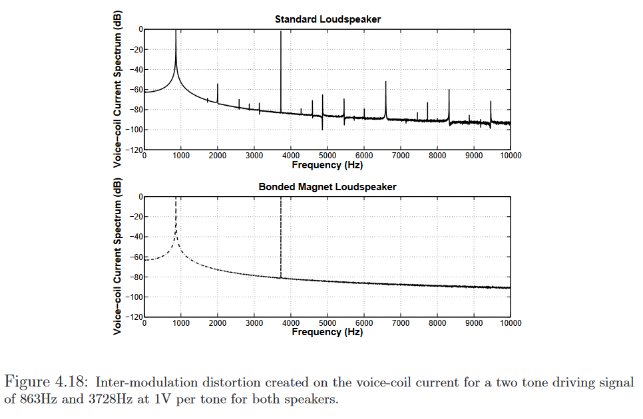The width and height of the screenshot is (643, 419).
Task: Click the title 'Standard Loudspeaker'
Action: point(327,19)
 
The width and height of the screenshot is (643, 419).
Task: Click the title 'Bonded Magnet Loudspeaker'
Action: point(327,187)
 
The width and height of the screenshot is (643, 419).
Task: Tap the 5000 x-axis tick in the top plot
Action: point(327,155)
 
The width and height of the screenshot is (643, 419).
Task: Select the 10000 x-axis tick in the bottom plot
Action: point(511,323)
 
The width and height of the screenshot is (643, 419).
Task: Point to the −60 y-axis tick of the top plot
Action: point(134,89)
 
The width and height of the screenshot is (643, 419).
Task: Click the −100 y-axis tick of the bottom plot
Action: point(132,297)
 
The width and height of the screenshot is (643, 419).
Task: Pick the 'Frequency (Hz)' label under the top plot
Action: point(327,164)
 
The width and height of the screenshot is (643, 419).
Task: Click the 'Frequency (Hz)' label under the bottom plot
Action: point(327,332)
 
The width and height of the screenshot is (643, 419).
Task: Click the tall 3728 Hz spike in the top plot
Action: point(281,67)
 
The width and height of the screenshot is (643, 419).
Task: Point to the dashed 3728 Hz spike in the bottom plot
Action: point(281,239)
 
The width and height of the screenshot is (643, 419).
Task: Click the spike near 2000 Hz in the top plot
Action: point(218,93)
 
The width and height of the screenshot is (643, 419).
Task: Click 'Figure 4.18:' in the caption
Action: point(48,382)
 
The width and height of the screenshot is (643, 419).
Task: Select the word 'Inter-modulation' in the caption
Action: point(137,382)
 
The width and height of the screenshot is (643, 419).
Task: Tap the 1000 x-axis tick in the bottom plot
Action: point(181,323)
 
